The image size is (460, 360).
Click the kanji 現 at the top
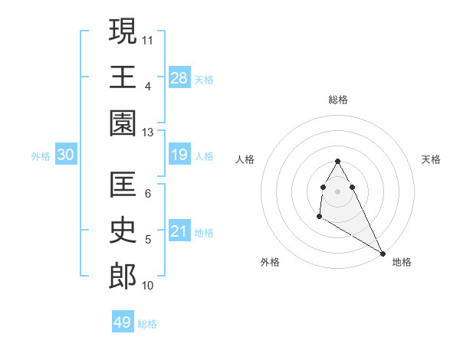(x=123, y=31)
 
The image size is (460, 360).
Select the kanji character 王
(x=123, y=76)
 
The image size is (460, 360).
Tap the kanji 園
(x=123, y=123)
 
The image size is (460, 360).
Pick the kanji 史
(x=123, y=231)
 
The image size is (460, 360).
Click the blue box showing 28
(x=179, y=77)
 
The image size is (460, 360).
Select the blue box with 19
(x=179, y=155)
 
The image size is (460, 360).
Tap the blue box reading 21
(x=179, y=231)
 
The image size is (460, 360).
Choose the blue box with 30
(x=66, y=155)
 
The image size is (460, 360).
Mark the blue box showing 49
(x=123, y=322)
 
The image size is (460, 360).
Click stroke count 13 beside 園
(x=148, y=132)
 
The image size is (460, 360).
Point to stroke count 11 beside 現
(x=148, y=38)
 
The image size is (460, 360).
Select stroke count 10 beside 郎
(x=148, y=286)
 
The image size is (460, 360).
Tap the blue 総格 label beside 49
(x=147, y=324)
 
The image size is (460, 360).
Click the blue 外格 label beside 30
(x=41, y=156)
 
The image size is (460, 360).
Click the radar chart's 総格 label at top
(x=338, y=100)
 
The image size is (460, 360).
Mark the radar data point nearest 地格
(x=383, y=254)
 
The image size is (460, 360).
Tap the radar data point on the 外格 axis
(x=319, y=218)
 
